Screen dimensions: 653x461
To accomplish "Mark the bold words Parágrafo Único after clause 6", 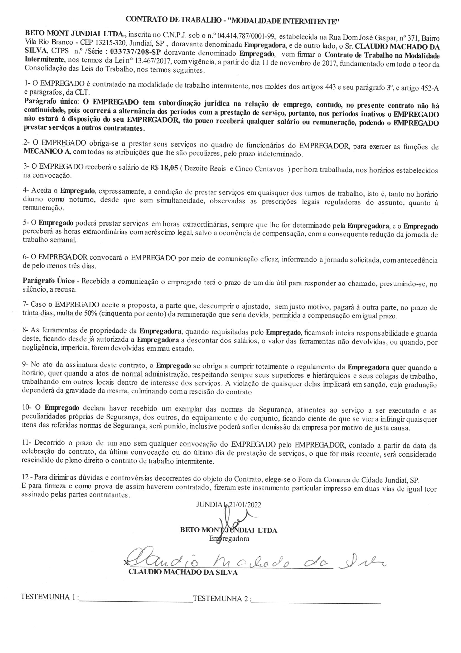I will coord(49,281).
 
